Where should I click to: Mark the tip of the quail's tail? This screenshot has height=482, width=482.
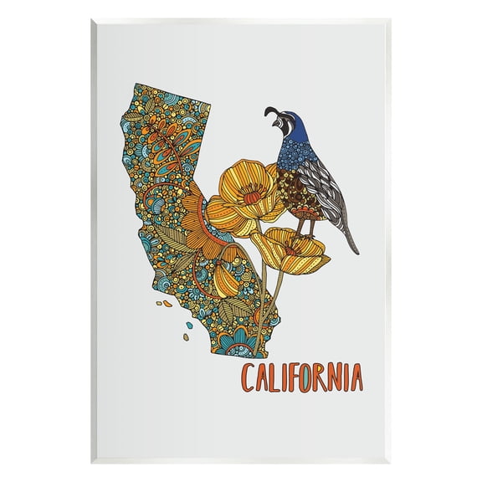(357, 249)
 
